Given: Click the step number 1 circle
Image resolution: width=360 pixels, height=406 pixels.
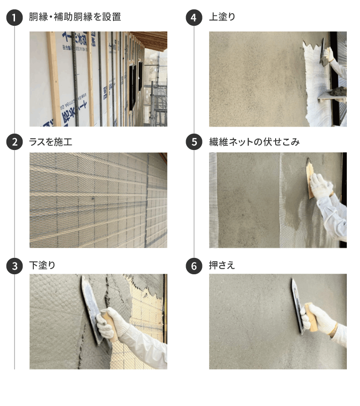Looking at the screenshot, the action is click(x=15, y=17).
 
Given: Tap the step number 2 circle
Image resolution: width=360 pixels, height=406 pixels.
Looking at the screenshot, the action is click(x=15, y=142).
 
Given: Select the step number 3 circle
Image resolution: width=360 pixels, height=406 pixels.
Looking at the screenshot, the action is click(x=15, y=266).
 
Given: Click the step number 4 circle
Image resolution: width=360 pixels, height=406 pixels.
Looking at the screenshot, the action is click(x=194, y=17).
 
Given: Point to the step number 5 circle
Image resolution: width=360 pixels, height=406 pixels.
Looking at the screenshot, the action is click(x=194, y=142).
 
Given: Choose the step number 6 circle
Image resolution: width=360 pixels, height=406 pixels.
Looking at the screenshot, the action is click(x=194, y=266).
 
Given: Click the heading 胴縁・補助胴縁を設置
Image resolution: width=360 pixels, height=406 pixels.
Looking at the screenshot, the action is click(x=75, y=17).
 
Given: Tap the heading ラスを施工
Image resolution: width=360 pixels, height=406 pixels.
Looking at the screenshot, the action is click(x=51, y=142).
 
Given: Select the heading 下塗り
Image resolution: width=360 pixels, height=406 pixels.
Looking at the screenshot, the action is click(x=42, y=265).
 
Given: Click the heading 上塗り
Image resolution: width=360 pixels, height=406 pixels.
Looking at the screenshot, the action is click(x=222, y=17).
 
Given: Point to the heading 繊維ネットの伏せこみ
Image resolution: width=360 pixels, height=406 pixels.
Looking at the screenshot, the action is click(x=254, y=142).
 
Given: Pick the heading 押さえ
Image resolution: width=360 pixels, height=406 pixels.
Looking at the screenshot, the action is click(x=222, y=265).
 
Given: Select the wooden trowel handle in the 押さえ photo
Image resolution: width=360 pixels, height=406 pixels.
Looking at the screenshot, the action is click(x=311, y=317).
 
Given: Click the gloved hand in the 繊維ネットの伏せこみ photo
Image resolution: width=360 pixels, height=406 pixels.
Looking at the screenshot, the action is click(x=321, y=186).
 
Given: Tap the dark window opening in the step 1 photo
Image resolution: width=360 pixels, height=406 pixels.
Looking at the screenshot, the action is click(x=133, y=87).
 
